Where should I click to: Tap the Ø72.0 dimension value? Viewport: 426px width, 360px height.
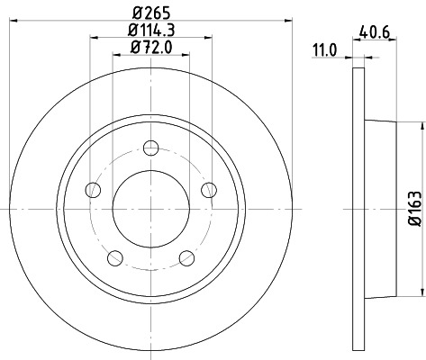[x=150, y=49]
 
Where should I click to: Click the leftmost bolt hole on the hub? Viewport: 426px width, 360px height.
[x=92, y=189]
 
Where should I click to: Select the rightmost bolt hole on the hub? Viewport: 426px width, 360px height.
[x=210, y=189]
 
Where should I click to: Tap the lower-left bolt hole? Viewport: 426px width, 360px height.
[x=114, y=259]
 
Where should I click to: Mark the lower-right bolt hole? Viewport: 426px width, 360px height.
[x=187, y=259]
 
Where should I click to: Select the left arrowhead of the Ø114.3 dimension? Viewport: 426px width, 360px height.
[x=95, y=39]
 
